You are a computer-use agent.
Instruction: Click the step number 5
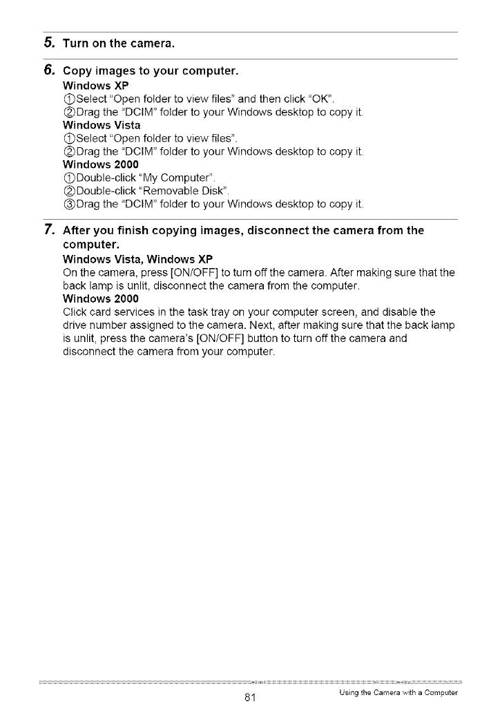[x=49, y=44]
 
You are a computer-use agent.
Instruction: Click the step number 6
[x=49, y=70]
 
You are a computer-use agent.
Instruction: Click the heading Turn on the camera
[x=118, y=45]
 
